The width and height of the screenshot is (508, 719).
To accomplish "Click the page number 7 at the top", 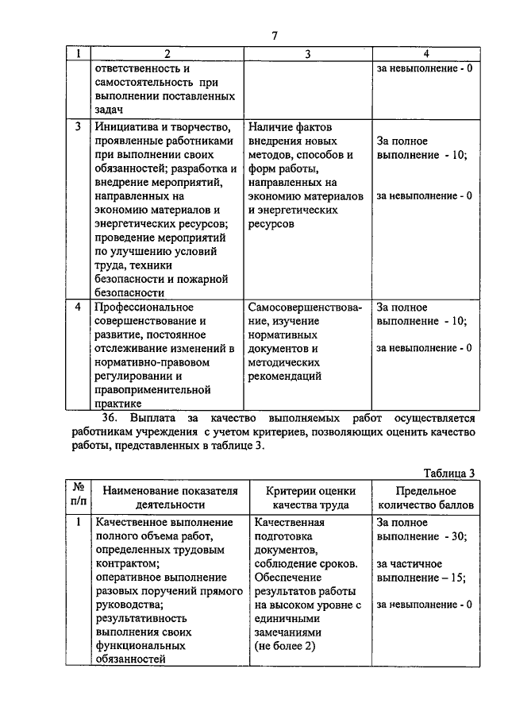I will tap(275, 36).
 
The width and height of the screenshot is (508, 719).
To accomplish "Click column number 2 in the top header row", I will tap(167, 54).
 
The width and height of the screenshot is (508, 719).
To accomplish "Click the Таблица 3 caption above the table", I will tap(449, 473).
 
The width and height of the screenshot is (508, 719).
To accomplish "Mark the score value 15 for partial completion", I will tap(457, 578).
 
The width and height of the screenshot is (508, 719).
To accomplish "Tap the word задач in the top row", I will tap(110, 110).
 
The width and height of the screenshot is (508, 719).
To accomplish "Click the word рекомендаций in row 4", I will tap(284, 376).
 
